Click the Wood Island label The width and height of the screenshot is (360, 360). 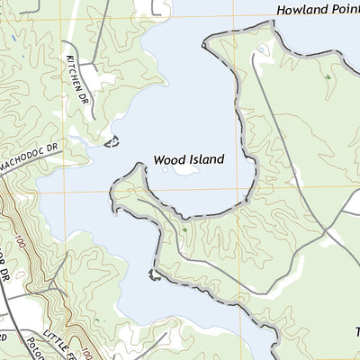(x=188, y=158)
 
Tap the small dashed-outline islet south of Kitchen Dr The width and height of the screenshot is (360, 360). (x=112, y=141)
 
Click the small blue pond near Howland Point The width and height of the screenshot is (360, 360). (x=262, y=49)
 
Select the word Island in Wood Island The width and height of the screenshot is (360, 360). (x=206, y=158)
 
